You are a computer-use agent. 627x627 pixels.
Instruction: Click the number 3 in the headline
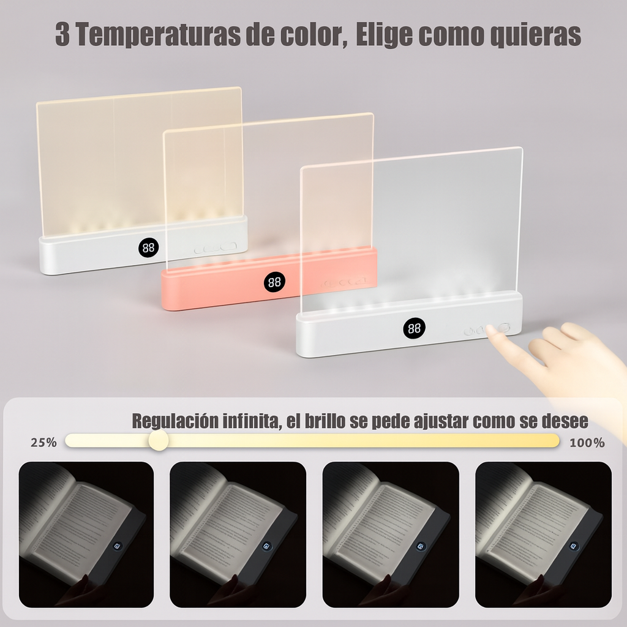coord(62,35)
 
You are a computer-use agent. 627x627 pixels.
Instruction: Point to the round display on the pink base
coord(275,282)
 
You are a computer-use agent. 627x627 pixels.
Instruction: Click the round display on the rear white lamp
coord(148,247)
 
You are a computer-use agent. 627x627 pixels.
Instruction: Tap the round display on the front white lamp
coord(414,329)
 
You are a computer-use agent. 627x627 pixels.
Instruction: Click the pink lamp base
coord(220,288)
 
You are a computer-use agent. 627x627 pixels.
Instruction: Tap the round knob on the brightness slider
coord(159,440)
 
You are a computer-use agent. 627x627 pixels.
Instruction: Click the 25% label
coord(43,442)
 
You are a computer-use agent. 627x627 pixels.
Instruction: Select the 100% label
coord(587,442)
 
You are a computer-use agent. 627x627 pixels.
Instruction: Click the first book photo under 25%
coord(86,534)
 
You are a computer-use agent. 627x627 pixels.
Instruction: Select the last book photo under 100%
coord(543,534)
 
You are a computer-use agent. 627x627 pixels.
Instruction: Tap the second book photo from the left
coord(238,534)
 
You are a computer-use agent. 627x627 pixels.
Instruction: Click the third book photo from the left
coord(391,534)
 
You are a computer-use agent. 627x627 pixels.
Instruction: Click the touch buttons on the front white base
coord(487,330)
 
